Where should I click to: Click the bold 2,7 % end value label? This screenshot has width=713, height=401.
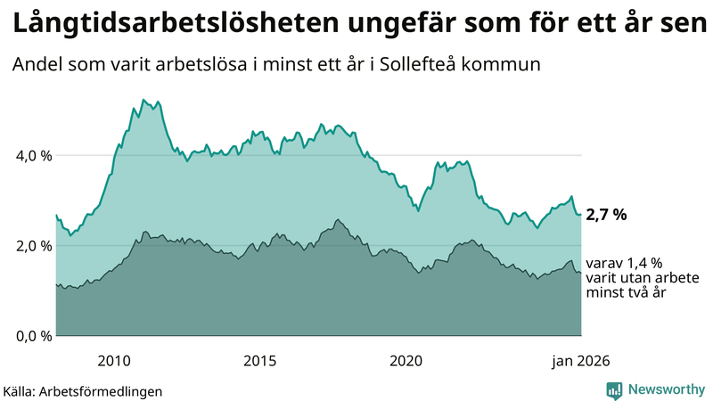pyautogui.click(x=607, y=215)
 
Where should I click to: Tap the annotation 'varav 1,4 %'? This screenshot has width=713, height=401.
pyautogui.click(x=624, y=263)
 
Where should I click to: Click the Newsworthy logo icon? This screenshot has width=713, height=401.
pyautogui.click(x=614, y=389)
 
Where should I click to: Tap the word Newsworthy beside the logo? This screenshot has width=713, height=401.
pyautogui.click(x=666, y=389)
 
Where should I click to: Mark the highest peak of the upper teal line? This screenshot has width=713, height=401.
pyautogui.click(x=143, y=100)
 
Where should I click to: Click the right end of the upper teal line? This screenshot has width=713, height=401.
pyautogui.click(x=581, y=214)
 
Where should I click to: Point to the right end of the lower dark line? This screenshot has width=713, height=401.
pyautogui.click(x=581, y=273)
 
